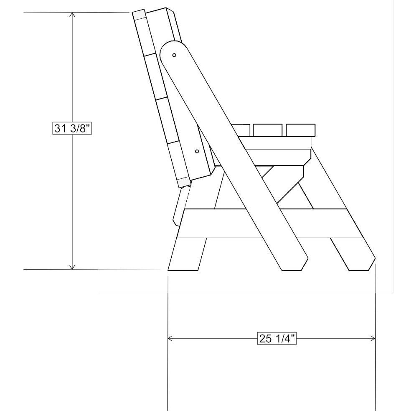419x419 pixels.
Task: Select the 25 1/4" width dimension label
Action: coord(277,338)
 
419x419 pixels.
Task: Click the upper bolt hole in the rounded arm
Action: coord(175,54)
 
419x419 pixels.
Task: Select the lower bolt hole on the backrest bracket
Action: coord(197,151)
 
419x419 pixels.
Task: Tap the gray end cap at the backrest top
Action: coord(138,15)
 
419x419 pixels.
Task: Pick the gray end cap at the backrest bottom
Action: coord(183,182)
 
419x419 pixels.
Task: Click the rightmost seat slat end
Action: coord(300,130)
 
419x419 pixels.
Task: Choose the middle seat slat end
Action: coord(267,130)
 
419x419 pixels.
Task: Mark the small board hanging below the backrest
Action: coord(179,207)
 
